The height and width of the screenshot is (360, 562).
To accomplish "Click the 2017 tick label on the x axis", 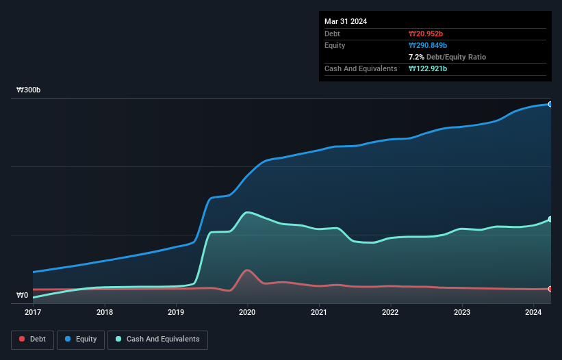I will (33, 313).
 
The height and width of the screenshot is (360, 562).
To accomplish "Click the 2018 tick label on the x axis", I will (105, 313).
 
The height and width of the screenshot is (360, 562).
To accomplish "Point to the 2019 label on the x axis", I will (176, 313).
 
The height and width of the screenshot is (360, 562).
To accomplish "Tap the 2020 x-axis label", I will (247, 313).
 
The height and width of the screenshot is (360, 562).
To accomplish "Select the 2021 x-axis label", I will (318, 313).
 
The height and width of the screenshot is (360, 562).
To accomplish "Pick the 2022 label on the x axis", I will (390, 313).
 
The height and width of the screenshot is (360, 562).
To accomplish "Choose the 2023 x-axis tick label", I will (462, 313).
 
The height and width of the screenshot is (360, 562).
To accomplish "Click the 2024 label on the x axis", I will (533, 313).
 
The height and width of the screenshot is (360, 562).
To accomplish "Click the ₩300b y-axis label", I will (29, 90).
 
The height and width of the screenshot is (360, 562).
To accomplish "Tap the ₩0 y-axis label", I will (23, 296).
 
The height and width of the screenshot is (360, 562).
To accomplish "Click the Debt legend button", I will (33, 339).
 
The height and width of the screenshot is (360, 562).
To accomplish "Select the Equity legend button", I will (81, 339).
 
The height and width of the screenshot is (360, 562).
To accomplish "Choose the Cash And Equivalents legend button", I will (157, 339).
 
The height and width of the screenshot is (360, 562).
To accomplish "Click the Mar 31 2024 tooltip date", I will (346, 21).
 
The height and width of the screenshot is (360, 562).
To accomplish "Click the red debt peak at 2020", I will (246, 270).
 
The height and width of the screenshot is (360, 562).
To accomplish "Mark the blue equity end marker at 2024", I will (550, 104).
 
